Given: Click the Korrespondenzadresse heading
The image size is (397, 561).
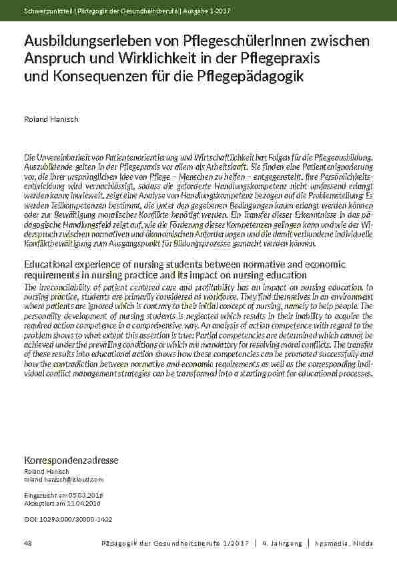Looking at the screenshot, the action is pyautogui.click(x=71, y=460).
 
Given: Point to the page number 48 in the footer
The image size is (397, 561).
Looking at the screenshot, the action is pyautogui.click(x=28, y=544).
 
